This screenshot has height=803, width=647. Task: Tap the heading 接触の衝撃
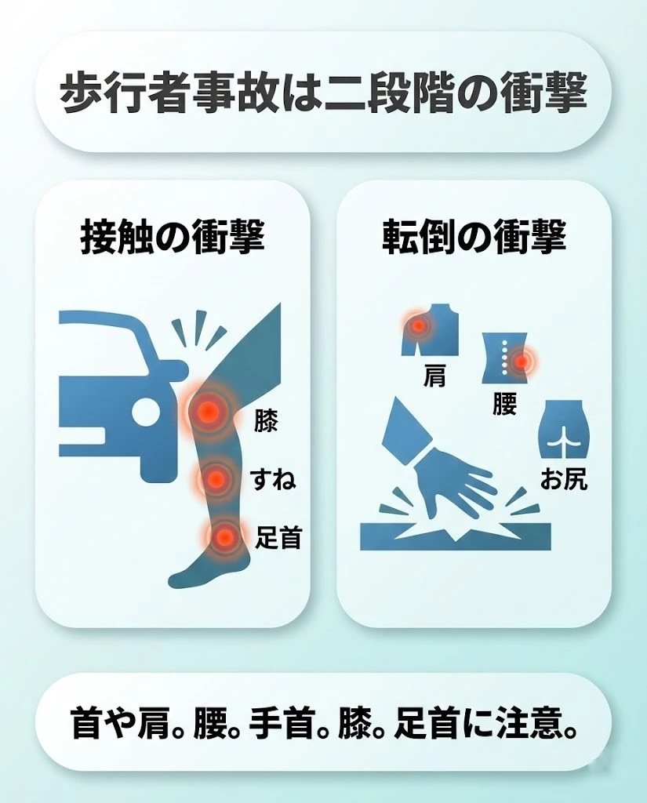click(173, 236)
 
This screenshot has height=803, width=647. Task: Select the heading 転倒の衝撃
click(474, 236)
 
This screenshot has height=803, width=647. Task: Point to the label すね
click(272, 478)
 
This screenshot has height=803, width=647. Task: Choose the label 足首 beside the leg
click(278, 538)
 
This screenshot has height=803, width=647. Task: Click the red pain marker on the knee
click(208, 410)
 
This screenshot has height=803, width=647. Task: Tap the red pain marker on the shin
click(216, 477)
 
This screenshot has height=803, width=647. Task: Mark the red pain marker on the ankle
click(224, 537)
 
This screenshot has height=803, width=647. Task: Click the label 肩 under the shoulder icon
click(434, 376)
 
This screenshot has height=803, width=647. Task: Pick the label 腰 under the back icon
click(505, 404)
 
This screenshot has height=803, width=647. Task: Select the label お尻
click(563, 479)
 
